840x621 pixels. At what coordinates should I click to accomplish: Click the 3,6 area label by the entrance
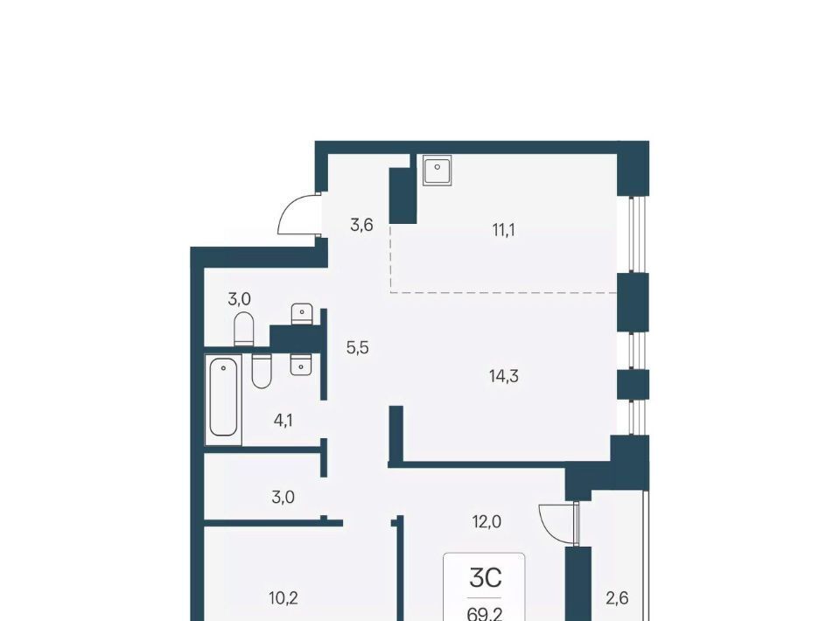coord(361,226)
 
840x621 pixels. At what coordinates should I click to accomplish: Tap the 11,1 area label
coord(504,230)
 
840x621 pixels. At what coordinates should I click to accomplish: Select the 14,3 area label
coord(504,376)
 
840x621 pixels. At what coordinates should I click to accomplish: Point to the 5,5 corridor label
coord(357,348)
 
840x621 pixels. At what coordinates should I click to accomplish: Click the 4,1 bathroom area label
coord(283,421)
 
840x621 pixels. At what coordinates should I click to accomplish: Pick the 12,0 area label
coord(486,521)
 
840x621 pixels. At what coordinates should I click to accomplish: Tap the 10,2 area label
coord(283,598)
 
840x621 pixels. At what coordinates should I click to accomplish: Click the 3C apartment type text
coord(486,577)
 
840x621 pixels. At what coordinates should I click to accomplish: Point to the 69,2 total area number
coord(484,614)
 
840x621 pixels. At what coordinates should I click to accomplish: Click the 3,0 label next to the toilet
coord(240,299)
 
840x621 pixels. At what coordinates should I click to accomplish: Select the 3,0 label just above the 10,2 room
coord(283,498)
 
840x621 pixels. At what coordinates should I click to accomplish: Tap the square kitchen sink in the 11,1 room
coord(437,171)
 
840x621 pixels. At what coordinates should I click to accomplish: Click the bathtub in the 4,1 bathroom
coord(223,399)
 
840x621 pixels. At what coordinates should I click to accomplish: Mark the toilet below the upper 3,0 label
coord(243,329)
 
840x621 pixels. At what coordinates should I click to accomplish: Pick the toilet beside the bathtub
coord(262,371)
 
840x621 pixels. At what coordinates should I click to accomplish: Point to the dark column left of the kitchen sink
coord(402,195)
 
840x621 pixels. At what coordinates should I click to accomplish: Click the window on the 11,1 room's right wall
coord(633,235)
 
